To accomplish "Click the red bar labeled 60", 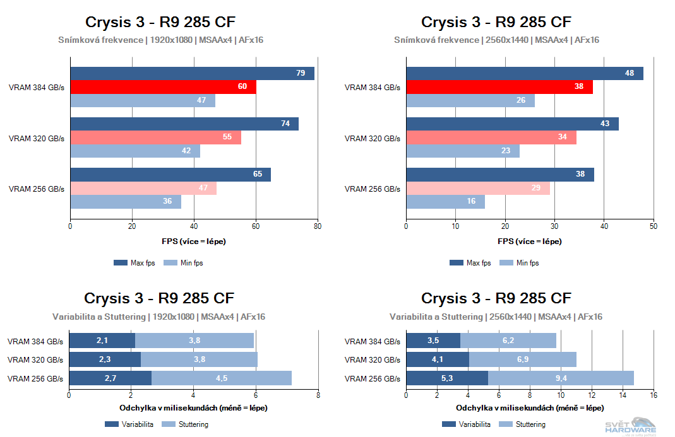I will click(x=163, y=87).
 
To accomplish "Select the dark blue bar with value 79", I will click(x=192, y=73).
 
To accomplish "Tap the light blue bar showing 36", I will click(x=126, y=202).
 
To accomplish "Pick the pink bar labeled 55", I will click(x=155, y=137).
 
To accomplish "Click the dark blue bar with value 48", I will click(x=524, y=73).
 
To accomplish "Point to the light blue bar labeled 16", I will click(x=445, y=202).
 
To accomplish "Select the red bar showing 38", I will click(x=499, y=87).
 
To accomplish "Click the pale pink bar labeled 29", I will click(x=477, y=188).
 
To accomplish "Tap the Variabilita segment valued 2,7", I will click(x=110, y=378).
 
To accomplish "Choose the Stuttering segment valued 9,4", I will click(x=561, y=378).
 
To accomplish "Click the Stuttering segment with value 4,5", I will click(x=222, y=378).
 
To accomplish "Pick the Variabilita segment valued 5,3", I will click(x=446, y=378).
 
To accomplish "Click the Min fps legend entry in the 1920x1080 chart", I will click(x=183, y=263).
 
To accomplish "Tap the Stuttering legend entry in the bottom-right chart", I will click(x=523, y=424).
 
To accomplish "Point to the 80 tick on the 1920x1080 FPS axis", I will click(x=318, y=226).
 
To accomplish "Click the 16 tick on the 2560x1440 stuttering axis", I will click(x=653, y=395).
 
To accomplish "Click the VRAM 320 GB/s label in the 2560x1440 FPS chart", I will click(x=372, y=139).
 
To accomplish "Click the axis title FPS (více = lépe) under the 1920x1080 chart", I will click(x=194, y=242).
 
